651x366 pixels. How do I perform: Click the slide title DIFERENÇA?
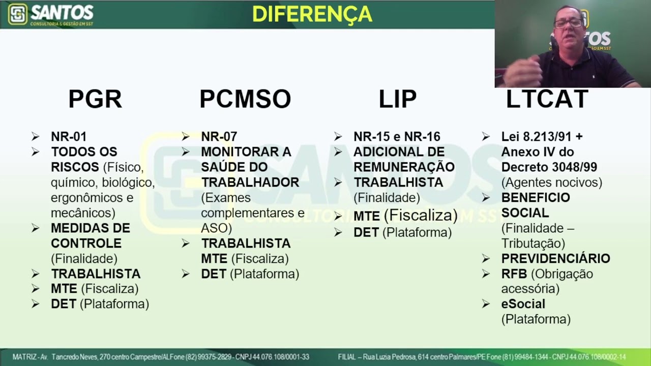(x=312, y=14)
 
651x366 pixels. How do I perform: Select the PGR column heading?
(x=95, y=99)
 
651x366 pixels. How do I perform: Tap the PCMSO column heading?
(x=245, y=99)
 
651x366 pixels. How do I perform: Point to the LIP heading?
(x=397, y=99)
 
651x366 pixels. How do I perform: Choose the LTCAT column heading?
(x=547, y=99)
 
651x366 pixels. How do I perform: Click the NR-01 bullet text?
(x=69, y=137)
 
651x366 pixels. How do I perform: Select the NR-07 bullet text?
(x=219, y=137)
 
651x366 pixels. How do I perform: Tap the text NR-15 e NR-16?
(x=397, y=137)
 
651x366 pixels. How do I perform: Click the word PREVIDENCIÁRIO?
(x=555, y=259)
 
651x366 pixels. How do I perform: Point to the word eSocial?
(x=523, y=304)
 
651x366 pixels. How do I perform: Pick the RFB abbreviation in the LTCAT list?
(x=514, y=274)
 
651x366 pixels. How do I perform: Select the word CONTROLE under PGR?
(x=86, y=243)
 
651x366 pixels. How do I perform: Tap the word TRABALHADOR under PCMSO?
(x=250, y=182)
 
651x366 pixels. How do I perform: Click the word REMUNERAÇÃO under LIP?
(x=404, y=167)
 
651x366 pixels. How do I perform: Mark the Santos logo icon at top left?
(x=17, y=14)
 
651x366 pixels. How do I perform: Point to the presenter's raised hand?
(x=524, y=71)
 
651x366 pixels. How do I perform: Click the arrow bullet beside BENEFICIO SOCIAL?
(x=486, y=198)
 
